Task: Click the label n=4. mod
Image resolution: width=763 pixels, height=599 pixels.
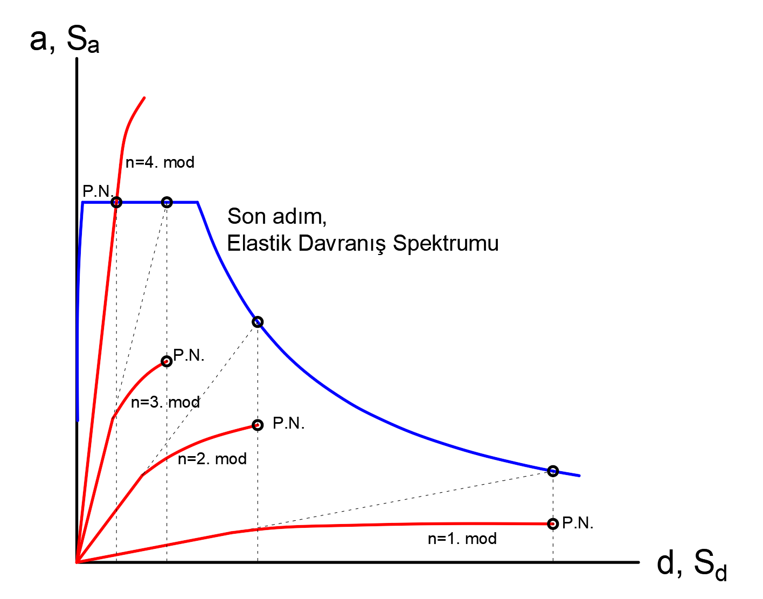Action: tap(159, 162)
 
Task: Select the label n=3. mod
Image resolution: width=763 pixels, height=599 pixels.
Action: tap(165, 402)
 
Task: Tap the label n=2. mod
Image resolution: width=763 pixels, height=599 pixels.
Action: tap(212, 459)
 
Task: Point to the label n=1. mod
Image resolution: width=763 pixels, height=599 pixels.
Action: tap(462, 539)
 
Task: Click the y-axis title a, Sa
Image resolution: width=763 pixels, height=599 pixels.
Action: tap(65, 40)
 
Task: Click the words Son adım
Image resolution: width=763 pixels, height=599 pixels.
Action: tap(277, 216)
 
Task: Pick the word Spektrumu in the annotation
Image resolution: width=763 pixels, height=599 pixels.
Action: tap(446, 244)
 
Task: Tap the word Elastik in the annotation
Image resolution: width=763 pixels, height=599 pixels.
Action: tap(260, 243)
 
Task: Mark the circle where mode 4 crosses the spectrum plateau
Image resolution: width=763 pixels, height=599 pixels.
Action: tap(116, 202)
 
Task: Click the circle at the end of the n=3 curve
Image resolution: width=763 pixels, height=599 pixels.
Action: tap(167, 361)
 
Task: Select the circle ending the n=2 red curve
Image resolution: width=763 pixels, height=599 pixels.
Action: tap(258, 425)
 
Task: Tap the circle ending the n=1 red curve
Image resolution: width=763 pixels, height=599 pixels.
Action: tap(553, 524)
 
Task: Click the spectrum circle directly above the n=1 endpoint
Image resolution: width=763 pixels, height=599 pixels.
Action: tap(553, 471)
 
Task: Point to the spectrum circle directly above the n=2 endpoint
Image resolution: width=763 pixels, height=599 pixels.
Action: tap(258, 322)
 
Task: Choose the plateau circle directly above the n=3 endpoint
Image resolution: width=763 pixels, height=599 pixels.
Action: tap(167, 202)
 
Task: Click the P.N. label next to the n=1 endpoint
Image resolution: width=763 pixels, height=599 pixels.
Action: tap(578, 523)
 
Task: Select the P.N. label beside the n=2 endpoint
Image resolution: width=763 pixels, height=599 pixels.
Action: tap(289, 424)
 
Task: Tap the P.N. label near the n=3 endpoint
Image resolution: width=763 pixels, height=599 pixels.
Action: tap(189, 355)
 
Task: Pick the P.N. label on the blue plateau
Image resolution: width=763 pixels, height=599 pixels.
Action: tap(98, 191)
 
